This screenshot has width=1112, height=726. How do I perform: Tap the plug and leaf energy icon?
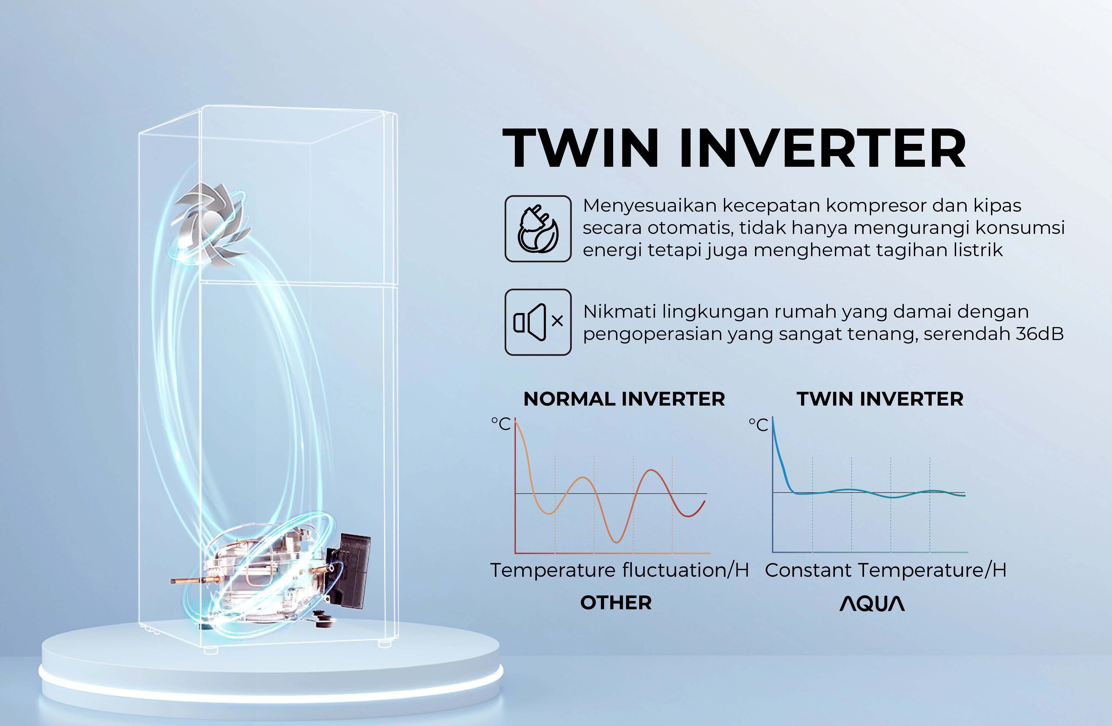[538, 228]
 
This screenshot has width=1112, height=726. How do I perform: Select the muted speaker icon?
[538, 322]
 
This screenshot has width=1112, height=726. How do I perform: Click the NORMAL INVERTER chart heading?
[624, 399]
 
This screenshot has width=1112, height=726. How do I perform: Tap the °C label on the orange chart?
[501, 424]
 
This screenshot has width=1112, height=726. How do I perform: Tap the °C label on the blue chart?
[758, 424]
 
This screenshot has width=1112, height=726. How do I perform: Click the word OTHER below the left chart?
[616, 603]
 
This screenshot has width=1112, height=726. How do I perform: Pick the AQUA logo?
[872, 603]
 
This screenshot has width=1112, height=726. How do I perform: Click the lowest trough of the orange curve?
[617, 542]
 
